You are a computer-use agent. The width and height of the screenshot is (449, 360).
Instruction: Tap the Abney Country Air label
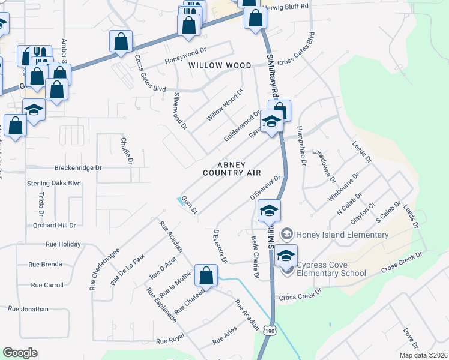pos(232,169)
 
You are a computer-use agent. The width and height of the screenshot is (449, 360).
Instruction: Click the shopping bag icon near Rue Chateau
pos(206,275)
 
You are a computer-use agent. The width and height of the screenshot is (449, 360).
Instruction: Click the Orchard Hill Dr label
pos(55,226)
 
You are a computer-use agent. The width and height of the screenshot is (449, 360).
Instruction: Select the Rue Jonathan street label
pos(28,309)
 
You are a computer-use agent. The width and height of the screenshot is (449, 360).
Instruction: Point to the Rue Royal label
pos(169,340)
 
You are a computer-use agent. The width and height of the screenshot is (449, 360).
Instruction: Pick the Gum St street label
pos(190,206)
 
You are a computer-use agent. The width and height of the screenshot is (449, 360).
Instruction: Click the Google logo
pos(20,353)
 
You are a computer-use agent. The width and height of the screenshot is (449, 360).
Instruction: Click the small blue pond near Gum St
pos(181,201)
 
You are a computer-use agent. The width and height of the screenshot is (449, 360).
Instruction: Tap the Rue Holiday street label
pos(63,245)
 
